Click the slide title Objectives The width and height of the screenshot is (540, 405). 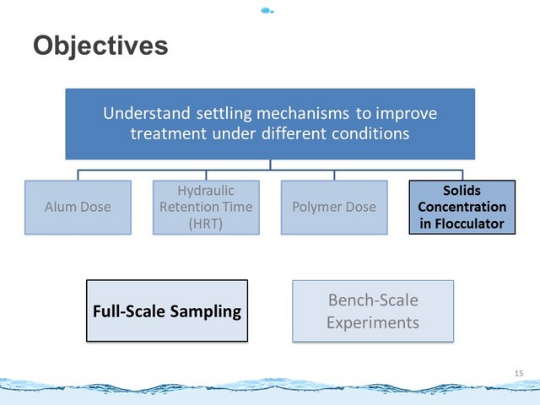pos(100,46)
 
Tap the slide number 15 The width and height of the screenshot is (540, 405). pos(519,373)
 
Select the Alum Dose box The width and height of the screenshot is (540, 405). pos(78,208)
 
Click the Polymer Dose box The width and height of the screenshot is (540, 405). pos(334,208)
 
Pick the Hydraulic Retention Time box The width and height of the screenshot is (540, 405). pos(206,208)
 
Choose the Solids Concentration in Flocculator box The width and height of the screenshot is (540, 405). pos(462,208)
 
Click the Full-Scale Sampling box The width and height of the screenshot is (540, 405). pos(167,310)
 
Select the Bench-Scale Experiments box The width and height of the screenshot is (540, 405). pos(373,311)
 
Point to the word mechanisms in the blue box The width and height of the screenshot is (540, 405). pos(303,114)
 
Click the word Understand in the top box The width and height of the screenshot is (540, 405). pos(147,113)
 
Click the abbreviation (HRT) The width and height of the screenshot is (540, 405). pos(206,224)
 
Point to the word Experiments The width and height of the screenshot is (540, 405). pos(373,323)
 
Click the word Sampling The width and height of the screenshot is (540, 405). pos(206,312)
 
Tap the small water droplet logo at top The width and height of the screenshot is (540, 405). pos(267,11)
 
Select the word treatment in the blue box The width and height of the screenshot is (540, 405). pos(169,133)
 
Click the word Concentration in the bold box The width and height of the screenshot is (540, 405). pos(462,207)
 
